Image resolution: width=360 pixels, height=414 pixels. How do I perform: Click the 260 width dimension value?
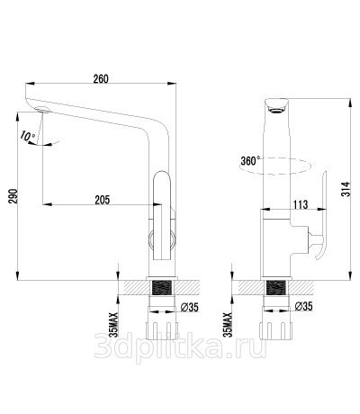[x=101, y=79]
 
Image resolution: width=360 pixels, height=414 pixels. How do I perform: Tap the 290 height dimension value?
[x=13, y=196]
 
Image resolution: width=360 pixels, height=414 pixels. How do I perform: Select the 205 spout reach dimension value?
[x=103, y=200]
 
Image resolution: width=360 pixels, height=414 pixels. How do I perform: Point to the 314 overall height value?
[x=346, y=189]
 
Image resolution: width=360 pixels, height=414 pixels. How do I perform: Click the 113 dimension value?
[x=301, y=204]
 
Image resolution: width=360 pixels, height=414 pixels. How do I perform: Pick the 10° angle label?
[x=28, y=136]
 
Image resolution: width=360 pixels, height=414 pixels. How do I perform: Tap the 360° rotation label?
[x=250, y=161]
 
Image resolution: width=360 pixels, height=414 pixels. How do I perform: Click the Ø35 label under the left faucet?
[x=189, y=307]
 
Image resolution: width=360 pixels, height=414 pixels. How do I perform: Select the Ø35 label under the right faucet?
[x=303, y=306]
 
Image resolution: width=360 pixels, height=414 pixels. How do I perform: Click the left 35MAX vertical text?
[x=113, y=325]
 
